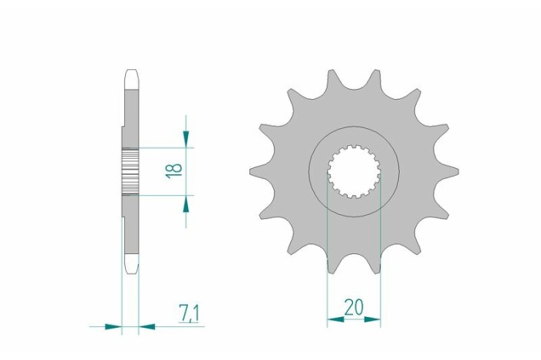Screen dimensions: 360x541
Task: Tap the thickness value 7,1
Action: (190, 313)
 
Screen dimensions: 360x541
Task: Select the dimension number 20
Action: (354, 307)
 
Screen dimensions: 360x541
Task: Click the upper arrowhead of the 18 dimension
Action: (186, 138)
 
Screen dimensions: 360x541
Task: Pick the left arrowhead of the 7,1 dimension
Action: (113, 326)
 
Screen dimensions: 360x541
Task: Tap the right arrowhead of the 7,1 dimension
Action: (147, 326)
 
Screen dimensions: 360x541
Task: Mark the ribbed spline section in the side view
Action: (130, 170)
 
